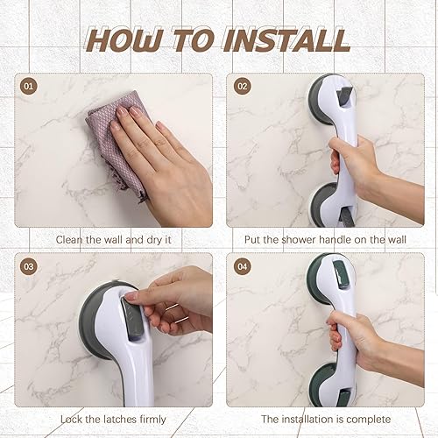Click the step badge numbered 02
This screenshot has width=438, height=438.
coord(241,87)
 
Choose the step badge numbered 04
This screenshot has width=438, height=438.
coord(241,266)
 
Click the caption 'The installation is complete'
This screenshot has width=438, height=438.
coord(325,419)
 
